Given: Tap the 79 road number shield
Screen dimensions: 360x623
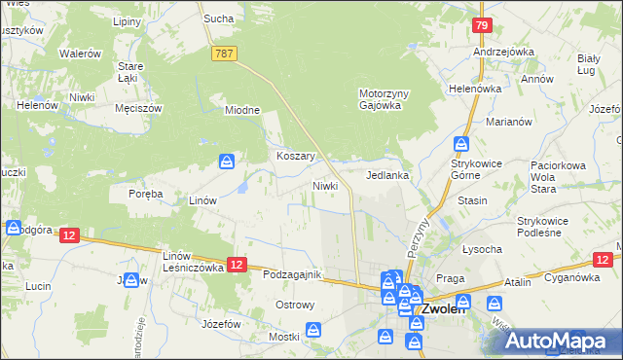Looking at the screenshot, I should (481, 25).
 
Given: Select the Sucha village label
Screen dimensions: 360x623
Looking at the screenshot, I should (215, 18).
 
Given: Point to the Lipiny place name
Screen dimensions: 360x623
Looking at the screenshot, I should (127, 21).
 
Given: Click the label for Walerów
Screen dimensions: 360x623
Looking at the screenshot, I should (80, 54).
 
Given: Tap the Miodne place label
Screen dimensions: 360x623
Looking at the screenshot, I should (242, 110).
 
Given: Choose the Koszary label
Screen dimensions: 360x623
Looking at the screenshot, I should (292, 156).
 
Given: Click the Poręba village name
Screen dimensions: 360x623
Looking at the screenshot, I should (145, 194).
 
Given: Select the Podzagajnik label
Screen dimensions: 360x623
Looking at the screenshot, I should (291, 274).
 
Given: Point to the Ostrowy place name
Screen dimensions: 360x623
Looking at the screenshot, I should (295, 305).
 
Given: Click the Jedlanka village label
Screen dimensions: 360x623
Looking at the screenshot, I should (386, 176).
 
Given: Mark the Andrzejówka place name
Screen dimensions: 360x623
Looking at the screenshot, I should (501, 52).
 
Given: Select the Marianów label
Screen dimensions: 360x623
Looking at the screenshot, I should (508, 122).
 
